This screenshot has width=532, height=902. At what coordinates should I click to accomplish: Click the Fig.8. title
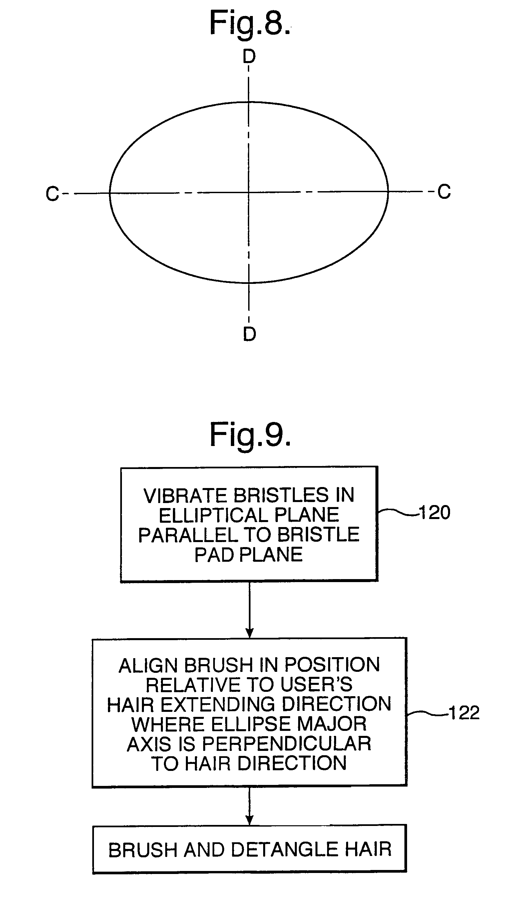(250, 24)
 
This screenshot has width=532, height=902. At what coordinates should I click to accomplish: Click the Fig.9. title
(250, 435)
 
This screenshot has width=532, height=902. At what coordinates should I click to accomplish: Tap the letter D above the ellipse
(249, 57)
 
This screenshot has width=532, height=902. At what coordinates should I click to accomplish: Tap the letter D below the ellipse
(250, 334)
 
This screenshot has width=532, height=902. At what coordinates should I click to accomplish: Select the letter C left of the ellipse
(52, 194)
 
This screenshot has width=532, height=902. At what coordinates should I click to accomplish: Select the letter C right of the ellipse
(444, 192)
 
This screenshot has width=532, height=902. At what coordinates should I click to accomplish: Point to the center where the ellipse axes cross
(249, 193)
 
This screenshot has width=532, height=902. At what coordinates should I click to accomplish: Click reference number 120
(434, 512)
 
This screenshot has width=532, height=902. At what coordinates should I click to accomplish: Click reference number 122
(464, 713)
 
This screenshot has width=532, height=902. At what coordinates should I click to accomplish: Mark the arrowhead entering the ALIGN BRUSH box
(250, 633)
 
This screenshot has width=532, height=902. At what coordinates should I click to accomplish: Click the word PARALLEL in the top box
(188, 535)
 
